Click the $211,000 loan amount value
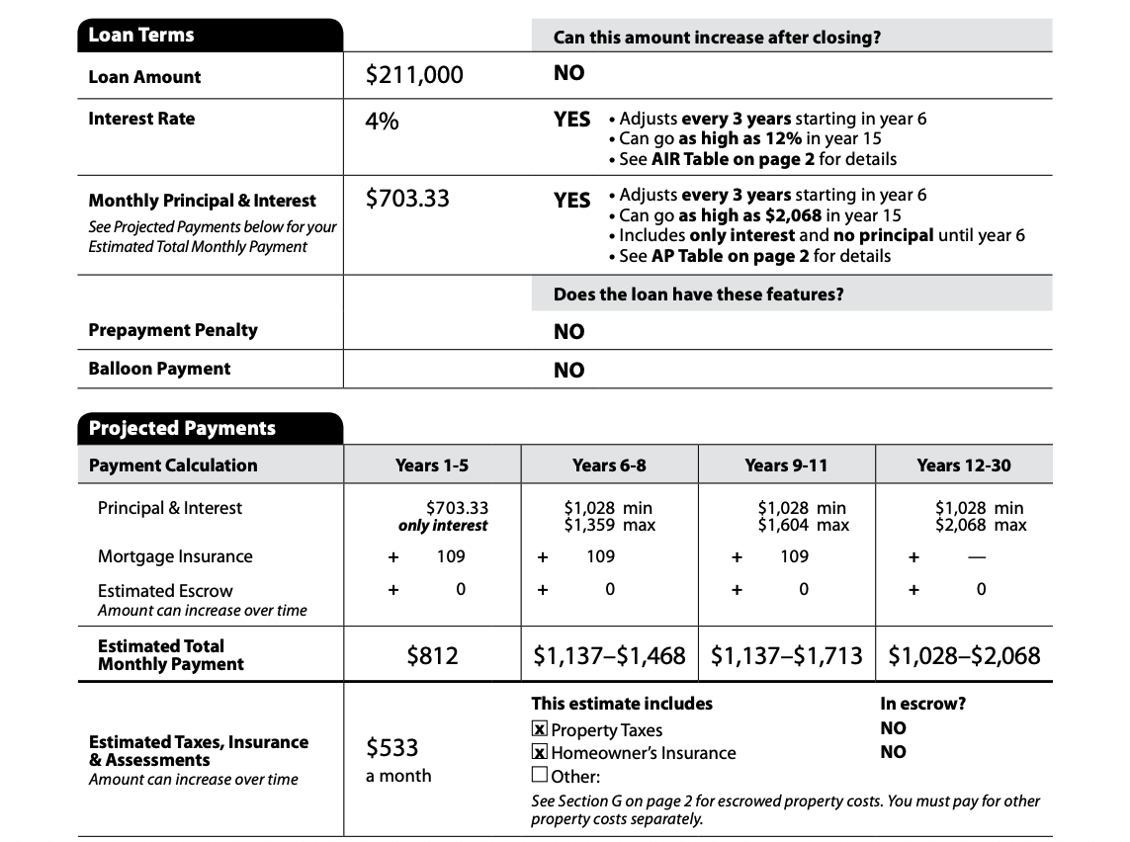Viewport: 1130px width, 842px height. tap(413, 75)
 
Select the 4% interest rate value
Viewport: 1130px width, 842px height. tap(382, 122)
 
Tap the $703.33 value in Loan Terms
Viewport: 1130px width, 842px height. tap(406, 199)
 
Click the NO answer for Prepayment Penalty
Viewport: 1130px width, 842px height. tap(568, 332)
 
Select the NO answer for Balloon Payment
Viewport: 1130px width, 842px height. tap(568, 371)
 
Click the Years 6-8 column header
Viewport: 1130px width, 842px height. tap(609, 464)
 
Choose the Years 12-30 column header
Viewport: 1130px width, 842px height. tap(963, 464)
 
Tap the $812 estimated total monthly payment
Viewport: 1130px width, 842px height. tap(432, 655)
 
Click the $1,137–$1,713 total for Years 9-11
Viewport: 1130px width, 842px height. tap(786, 655)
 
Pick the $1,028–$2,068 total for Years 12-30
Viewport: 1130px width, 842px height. tap(964, 655)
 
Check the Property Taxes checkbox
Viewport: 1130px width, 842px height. tap(539, 730)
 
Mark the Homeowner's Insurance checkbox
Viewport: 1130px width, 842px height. tap(539, 753)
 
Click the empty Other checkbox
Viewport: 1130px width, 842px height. tap(539, 775)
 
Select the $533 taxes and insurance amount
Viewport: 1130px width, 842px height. tap(391, 748)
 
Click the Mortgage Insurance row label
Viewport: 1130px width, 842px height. tap(175, 556)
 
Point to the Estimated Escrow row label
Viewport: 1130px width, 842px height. tap(165, 591)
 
